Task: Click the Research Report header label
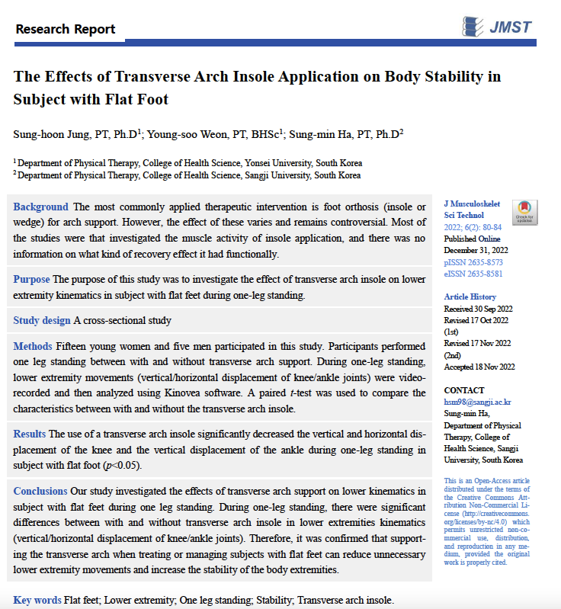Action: pos(66,30)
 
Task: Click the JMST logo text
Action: pos(511,27)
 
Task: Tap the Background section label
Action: pos(40,207)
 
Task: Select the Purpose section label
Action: pos(31,279)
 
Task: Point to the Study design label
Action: pos(42,320)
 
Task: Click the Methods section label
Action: pos(33,347)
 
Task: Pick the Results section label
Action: pos(30,434)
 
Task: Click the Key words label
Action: pos(37,600)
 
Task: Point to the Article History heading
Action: pos(470,296)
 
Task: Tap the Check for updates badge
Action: pos(524,211)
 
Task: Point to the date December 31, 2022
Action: pos(476,250)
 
